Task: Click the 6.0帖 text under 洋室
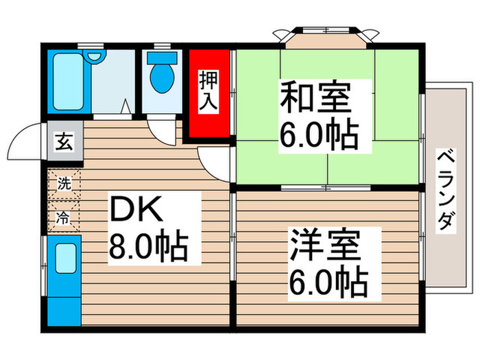pos(327,280)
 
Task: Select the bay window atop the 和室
pos(324,36)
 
